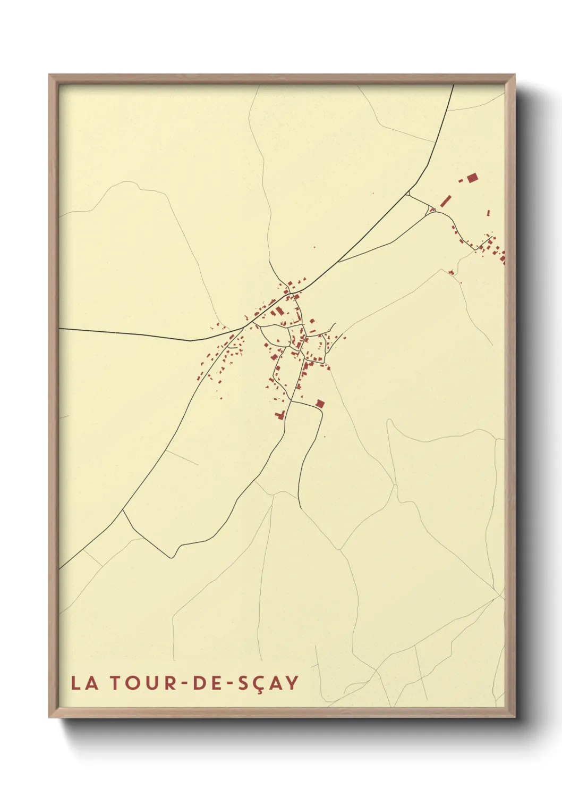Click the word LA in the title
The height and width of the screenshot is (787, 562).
tap(84, 683)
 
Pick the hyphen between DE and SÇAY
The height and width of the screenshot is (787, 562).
tap(227, 683)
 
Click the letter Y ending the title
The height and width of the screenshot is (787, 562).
tap(292, 683)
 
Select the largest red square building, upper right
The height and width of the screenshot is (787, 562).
tap(472, 178)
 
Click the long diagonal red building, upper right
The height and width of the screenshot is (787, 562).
tap(445, 200)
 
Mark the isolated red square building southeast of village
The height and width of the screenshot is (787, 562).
tap(320, 404)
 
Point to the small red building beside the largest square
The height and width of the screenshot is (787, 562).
tap(461, 181)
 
